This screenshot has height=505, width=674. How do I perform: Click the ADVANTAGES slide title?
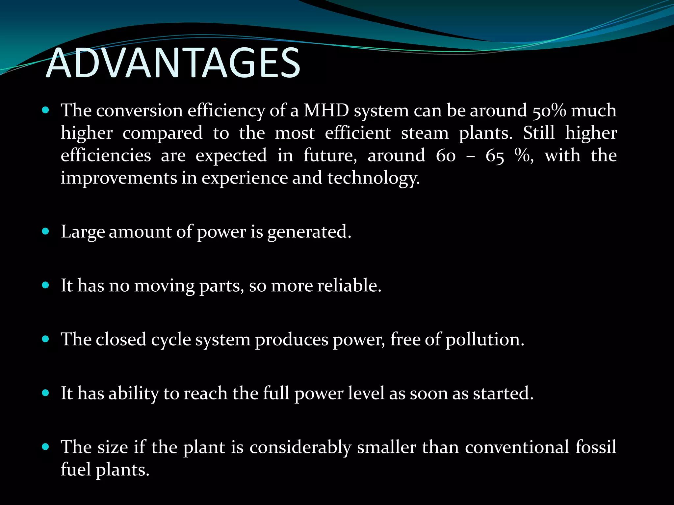pos(173,63)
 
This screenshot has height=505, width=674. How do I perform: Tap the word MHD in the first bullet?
pos(326,110)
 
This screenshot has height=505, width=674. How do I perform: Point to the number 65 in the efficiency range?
pos(495,156)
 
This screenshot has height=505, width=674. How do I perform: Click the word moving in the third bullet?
pos(165,285)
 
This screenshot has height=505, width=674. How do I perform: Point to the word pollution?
pos(484,339)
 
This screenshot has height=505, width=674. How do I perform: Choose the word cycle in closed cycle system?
pos(171,340)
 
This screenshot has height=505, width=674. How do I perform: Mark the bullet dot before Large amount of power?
pos(46,231)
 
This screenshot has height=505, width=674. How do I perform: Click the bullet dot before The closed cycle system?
pos(46,339)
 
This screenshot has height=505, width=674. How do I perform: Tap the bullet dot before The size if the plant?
pos(46,446)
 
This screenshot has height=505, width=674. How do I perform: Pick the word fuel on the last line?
pos(76,469)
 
